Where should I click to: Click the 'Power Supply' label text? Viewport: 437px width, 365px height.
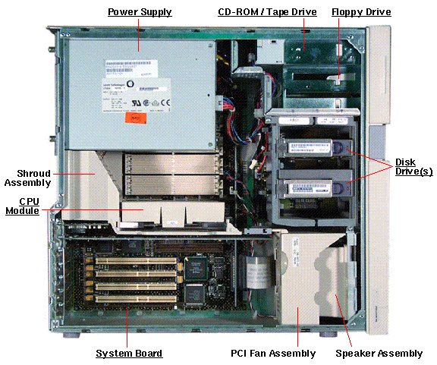click(140, 12)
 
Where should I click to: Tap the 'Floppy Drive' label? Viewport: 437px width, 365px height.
click(361, 12)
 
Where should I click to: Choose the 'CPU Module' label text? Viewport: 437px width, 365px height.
click(23, 206)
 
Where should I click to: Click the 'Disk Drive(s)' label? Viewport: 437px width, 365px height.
click(413, 167)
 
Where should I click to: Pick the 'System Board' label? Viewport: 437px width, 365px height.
click(128, 354)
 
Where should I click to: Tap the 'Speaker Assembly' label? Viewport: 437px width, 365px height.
click(379, 354)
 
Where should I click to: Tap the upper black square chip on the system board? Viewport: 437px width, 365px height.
click(196, 265)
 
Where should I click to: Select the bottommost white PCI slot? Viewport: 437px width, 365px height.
click(137, 298)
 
